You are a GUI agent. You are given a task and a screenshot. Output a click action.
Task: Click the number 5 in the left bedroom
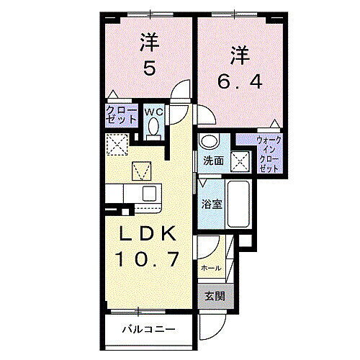tap(148, 69)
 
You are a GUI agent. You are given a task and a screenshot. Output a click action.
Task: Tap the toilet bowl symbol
tap(153, 127)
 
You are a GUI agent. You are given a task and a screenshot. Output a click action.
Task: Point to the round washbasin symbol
tap(209, 140)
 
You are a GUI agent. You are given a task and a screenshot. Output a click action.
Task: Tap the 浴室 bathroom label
tap(212, 204)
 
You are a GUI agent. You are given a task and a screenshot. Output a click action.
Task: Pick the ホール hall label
tap(211, 266)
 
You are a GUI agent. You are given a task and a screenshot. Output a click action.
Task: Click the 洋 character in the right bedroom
tap(240, 53)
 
